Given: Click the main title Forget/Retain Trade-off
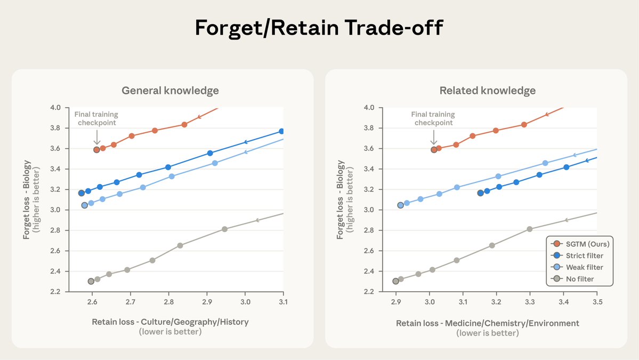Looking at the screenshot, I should coord(319,27).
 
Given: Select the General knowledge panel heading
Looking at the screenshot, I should coord(170,91).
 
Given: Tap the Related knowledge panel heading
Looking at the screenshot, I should coord(487,91).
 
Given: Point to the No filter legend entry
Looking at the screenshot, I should coord(581,279).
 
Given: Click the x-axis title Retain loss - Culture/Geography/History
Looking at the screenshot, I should coord(170,322).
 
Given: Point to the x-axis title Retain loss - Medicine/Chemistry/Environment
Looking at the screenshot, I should coord(487,323).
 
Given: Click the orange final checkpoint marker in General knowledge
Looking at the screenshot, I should coord(96,150).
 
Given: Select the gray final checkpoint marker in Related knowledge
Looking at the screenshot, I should coord(395,281).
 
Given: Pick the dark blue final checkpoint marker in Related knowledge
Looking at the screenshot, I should coord(480,193).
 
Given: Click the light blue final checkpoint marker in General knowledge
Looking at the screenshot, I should coord(84,205).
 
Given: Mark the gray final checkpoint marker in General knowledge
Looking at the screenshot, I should coord(91,281).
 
